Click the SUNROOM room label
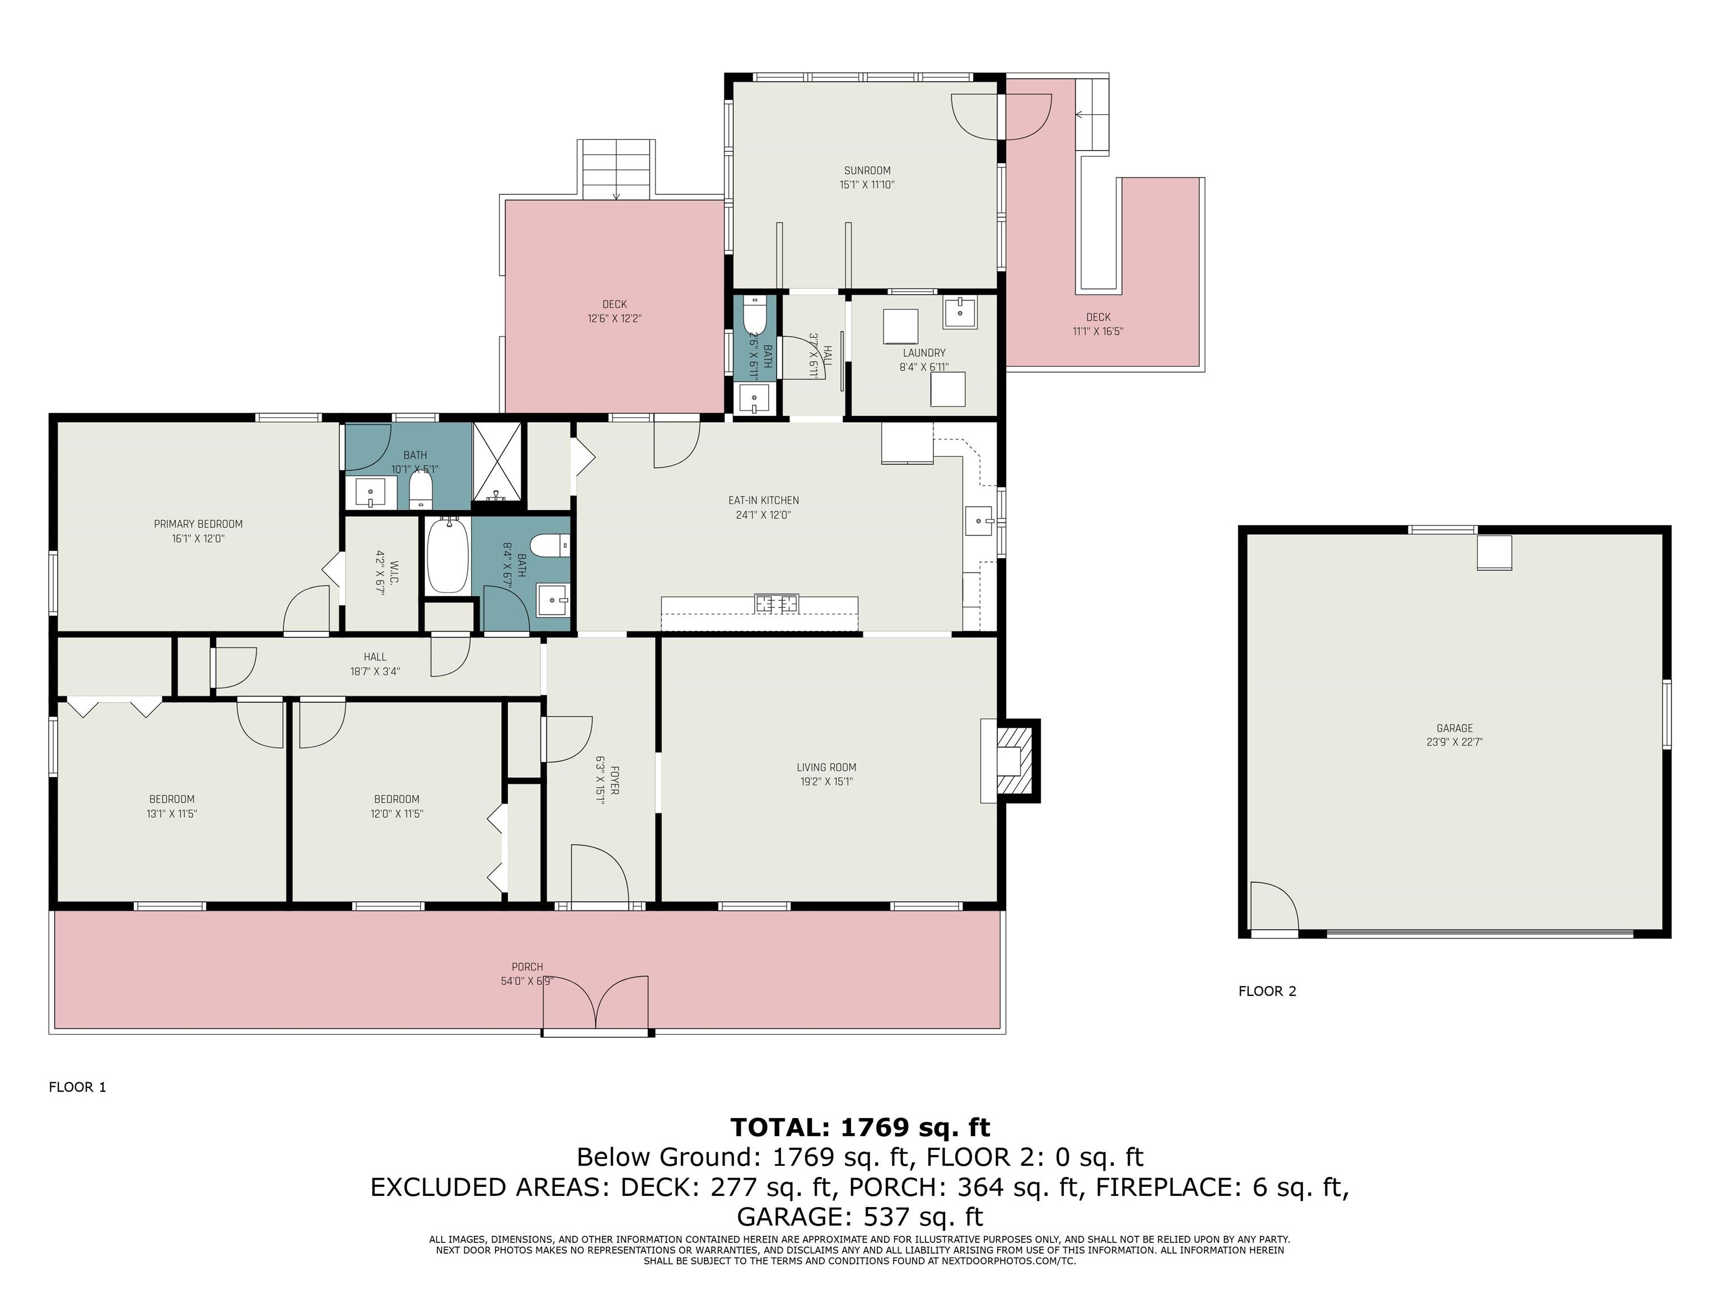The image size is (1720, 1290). pyautogui.click(x=867, y=170)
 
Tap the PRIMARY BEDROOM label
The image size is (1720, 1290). pyautogui.click(x=198, y=524)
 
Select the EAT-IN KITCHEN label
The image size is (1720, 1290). pyautogui.click(x=764, y=501)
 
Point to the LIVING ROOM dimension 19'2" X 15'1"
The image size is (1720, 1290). pyautogui.click(x=826, y=782)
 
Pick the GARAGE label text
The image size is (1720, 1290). pyautogui.click(x=1455, y=728)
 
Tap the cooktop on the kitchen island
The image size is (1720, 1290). pyautogui.click(x=777, y=602)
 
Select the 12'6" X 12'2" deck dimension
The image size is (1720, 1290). pyautogui.click(x=614, y=319)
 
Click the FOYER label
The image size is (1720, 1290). pyautogui.click(x=614, y=780)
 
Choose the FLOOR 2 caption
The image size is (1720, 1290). pyautogui.click(x=1268, y=992)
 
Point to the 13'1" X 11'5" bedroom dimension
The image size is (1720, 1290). pyautogui.click(x=172, y=814)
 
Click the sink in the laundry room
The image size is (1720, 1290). pyautogui.click(x=960, y=312)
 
